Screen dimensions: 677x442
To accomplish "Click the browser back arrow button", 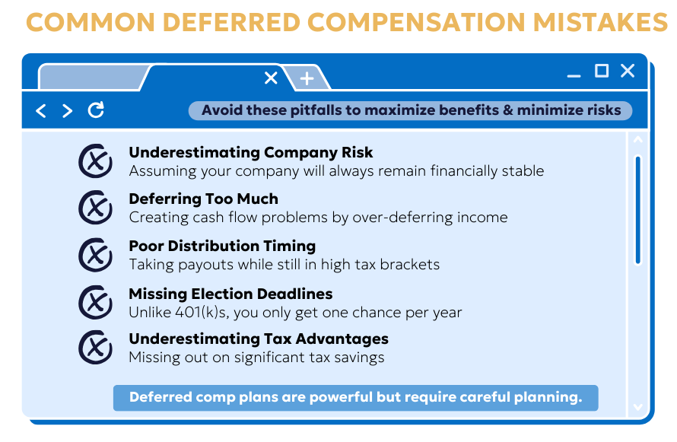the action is click(40, 110).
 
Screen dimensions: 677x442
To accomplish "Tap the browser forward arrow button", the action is click(67, 110).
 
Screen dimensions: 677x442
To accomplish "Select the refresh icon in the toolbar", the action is click(96, 110).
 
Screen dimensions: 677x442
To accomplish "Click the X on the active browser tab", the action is click(271, 78).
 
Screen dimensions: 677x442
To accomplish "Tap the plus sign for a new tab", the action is click(307, 78).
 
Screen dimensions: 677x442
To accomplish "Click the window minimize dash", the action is click(574, 76).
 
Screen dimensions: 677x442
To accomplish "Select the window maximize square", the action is click(602, 70).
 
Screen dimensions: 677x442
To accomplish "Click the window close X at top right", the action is click(628, 70).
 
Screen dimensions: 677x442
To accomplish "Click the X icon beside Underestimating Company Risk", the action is click(95, 161).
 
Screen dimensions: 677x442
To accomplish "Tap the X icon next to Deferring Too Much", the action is click(95, 207).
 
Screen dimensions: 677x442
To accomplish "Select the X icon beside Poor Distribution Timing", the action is click(95, 255).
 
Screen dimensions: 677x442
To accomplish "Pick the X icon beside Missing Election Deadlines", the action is click(95, 302).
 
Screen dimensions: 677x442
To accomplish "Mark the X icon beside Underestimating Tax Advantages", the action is click(95, 348).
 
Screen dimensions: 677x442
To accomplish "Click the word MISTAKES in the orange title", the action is click(601, 22).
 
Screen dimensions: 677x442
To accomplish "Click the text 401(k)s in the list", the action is click(202, 312).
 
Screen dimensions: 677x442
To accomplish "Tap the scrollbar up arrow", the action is click(637, 140).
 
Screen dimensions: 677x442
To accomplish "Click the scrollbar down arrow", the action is click(637, 406).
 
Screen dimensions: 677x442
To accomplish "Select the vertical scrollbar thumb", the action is click(637, 210).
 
